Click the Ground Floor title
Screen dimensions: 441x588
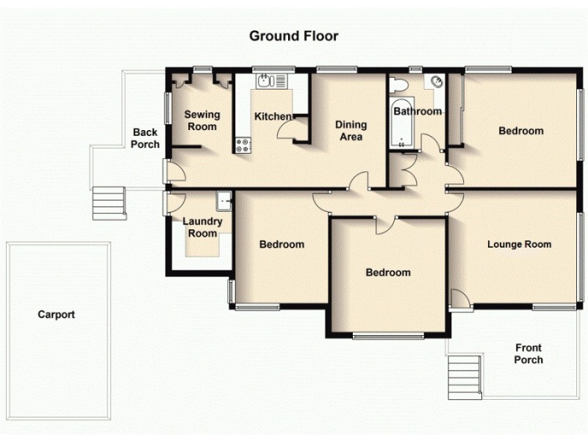click(x=293, y=35)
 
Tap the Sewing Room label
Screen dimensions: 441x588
click(x=201, y=121)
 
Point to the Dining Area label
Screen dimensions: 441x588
click(x=351, y=130)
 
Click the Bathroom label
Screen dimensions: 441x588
click(x=417, y=112)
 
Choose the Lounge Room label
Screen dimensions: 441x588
click(x=519, y=244)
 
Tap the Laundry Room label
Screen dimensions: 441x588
click(x=200, y=227)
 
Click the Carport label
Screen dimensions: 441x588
click(x=57, y=315)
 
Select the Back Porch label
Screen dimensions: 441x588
click(x=145, y=138)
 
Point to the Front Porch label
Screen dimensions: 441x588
click(x=528, y=354)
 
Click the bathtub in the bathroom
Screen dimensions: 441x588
click(x=402, y=124)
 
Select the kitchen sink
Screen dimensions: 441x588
click(x=265, y=81)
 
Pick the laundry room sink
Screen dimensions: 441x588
click(x=224, y=198)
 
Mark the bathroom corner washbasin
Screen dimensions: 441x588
click(x=438, y=82)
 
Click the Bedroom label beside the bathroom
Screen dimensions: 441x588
click(x=520, y=131)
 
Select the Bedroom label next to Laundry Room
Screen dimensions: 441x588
click(x=282, y=244)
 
